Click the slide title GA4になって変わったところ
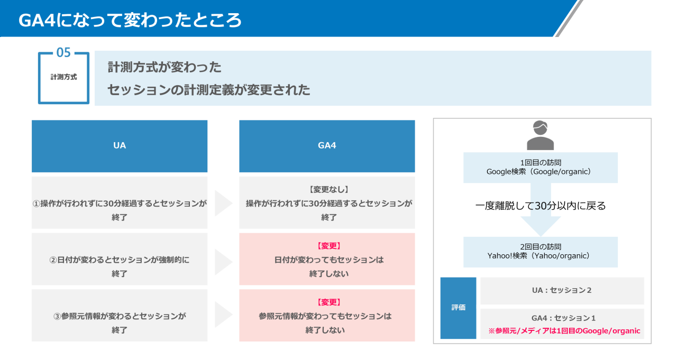(130, 21)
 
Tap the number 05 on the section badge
(63, 53)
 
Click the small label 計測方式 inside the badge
(63, 77)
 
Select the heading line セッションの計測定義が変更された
(208, 90)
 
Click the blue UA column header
(120, 146)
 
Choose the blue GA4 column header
(327, 146)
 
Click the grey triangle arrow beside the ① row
(223, 204)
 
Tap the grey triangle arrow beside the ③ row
(223, 316)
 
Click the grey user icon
(540, 135)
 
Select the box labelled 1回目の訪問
(540, 168)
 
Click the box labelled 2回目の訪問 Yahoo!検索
(540, 252)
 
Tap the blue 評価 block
(458, 308)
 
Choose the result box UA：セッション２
(562, 291)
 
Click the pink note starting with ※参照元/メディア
(564, 331)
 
